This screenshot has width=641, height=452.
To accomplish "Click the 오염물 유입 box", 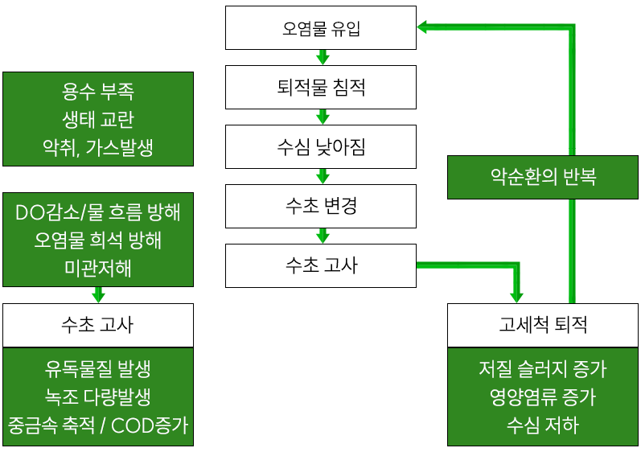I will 321,28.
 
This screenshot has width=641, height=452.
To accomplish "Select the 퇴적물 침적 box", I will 321,87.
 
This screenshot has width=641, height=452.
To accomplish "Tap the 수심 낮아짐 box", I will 321,146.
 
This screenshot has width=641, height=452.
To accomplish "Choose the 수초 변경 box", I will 321,206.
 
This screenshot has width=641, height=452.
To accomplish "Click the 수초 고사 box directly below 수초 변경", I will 321,265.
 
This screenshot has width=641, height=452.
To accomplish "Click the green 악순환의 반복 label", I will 544,177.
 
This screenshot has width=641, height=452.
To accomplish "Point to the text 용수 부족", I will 98,91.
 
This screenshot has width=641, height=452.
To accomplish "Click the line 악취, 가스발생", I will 98,146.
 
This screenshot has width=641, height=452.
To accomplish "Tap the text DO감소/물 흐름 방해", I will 98,212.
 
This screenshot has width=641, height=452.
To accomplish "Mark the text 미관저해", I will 98,267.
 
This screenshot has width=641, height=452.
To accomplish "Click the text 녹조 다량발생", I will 98,397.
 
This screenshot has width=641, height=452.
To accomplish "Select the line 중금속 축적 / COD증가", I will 98,424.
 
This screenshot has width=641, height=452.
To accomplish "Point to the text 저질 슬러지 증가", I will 544,369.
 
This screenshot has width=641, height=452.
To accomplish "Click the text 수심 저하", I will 544,424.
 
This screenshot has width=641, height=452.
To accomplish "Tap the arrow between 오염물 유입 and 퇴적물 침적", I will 322,57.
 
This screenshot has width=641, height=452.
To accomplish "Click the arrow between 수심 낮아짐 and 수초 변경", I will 322,176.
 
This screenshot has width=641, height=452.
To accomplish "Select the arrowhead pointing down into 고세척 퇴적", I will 516,294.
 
